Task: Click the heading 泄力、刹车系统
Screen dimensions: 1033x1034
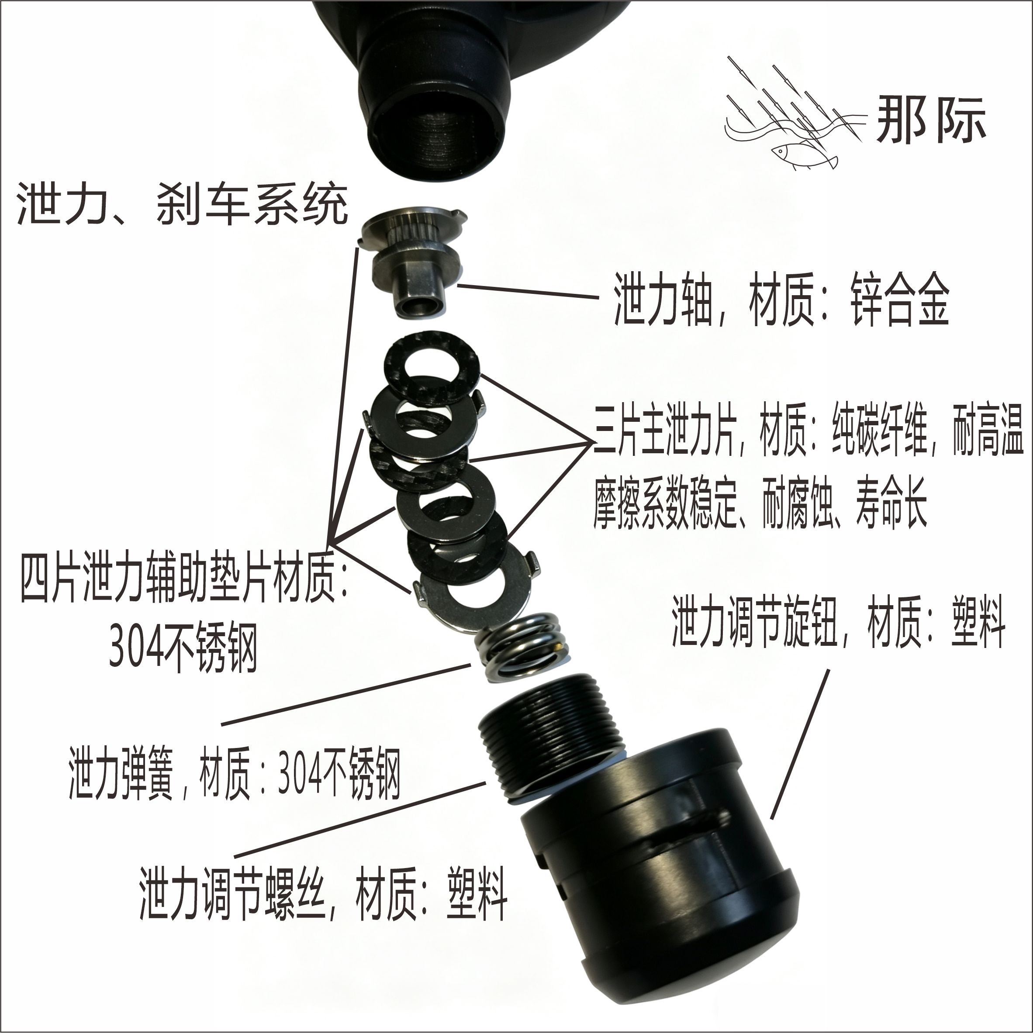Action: (183, 204)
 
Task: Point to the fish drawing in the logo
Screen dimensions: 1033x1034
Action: (803, 155)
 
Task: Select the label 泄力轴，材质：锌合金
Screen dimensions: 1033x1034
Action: (781, 299)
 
